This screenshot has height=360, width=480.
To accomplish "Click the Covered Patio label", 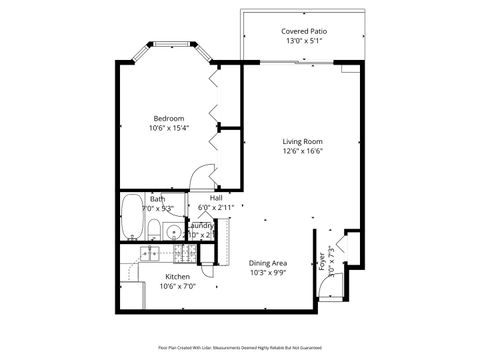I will [304, 32].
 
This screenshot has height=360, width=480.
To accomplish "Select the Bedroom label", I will [167, 118].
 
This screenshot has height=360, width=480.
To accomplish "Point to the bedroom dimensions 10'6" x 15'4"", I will [167, 129].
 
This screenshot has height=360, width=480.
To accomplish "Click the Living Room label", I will [301, 141].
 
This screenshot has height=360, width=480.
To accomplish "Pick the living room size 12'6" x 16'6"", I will [301, 152].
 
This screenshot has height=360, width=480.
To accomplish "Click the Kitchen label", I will [177, 276].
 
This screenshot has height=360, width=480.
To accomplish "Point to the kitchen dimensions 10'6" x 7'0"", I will [177, 287].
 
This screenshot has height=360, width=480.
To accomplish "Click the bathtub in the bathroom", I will [132, 220].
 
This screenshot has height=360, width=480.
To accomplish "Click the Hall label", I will [215, 197].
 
